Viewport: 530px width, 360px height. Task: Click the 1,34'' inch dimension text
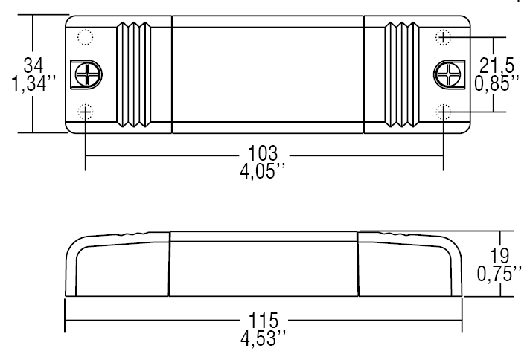click(30, 82)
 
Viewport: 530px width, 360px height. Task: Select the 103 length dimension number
click(264, 155)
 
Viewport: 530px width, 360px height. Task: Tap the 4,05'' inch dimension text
click(264, 170)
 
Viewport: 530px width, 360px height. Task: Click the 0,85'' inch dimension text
click(497, 83)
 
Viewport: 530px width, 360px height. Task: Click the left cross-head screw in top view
click(88, 74)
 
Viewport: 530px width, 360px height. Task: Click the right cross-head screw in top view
click(446, 74)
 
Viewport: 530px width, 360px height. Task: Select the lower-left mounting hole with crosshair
click(86, 112)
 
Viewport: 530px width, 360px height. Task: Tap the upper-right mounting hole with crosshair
click(444, 36)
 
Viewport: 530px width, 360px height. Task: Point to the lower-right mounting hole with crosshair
click(444, 112)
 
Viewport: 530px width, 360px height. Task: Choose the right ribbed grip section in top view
click(400, 74)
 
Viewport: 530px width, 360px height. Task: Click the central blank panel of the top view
click(266, 74)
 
